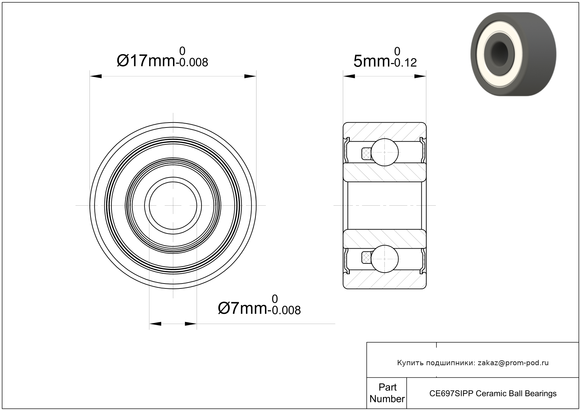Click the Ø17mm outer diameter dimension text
tap(146, 61)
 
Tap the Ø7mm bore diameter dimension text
tap(242, 308)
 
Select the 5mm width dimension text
tap(372, 61)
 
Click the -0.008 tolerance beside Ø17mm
tap(192, 62)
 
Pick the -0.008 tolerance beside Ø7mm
tap(284, 310)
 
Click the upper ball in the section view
tap(384, 152)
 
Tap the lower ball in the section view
tap(384, 259)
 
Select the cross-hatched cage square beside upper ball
tap(366, 154)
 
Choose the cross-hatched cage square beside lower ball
tap(366, 258)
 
